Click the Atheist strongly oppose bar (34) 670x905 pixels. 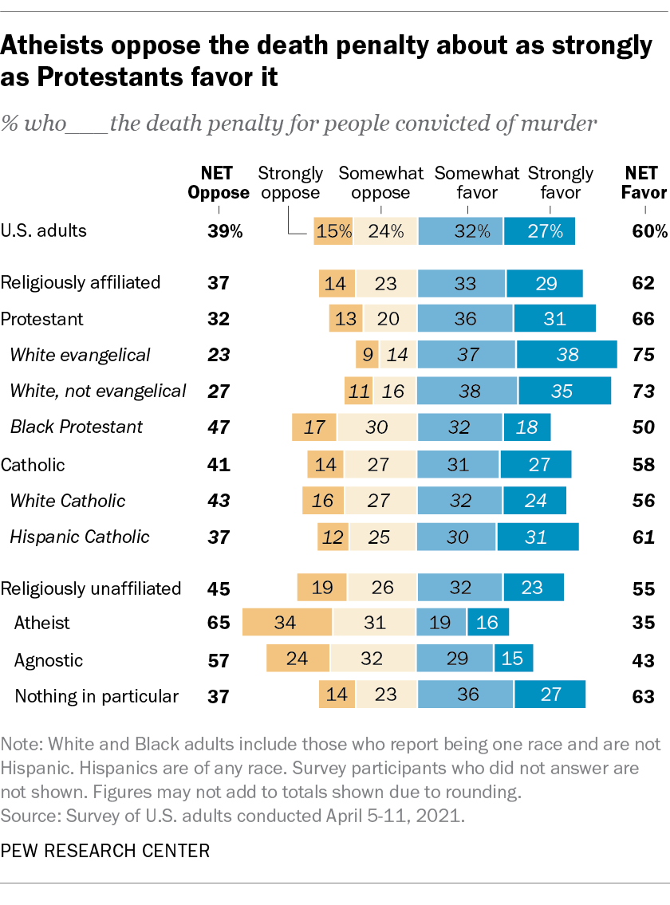tap(287, 622)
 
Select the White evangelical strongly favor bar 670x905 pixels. tap(566, 355)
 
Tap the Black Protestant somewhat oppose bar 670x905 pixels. tap(376, 427)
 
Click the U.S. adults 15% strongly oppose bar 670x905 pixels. tap(333, 231)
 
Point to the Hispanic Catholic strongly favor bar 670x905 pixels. tap(537, 537)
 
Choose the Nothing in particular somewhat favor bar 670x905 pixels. tap(466, 695)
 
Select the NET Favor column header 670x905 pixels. tap(643, 183)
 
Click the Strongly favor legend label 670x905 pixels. tap(561, 183)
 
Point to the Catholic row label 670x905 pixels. tap(33, 465)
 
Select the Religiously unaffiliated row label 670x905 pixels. tap(92, 588)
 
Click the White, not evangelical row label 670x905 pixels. tap(98, 391)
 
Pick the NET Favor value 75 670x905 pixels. tap(643, 355)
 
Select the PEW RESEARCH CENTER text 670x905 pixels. tap(106, 851)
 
